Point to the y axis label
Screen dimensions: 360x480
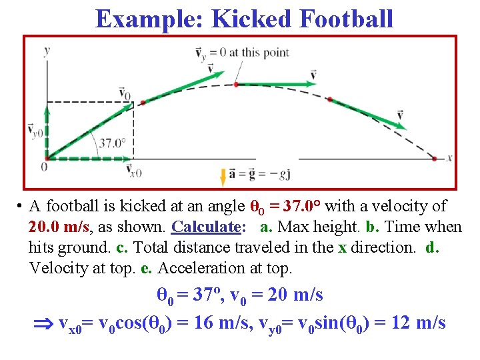click(x=47, y=50)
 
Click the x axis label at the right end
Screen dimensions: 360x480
click(x=450, y=158)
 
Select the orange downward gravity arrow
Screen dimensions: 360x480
click(x=223, y=176)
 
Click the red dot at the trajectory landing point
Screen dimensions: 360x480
click(x=434, y=159)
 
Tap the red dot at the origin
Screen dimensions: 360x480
click(x=45, y=159)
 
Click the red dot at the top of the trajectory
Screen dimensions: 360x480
click(x=236, y=85)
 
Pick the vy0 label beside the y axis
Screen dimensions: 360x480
click(x=35, y=131)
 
